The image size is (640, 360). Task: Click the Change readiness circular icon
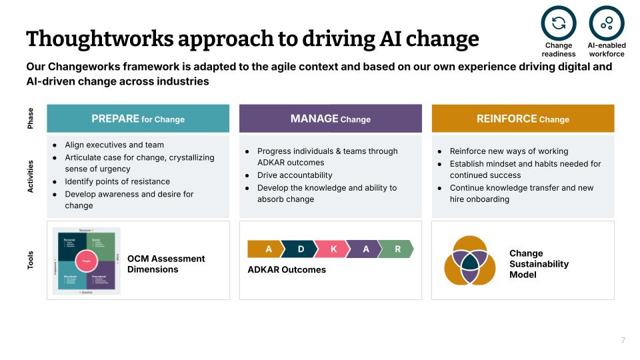(558, 23)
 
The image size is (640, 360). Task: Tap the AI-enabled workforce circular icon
(606, 23)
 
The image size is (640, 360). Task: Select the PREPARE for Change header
(138, 119)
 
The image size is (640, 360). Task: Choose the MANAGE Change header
(330, 119)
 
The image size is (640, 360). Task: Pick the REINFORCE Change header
(523, 119)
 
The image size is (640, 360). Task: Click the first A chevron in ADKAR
(267, 249)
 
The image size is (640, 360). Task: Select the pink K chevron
(333, 249)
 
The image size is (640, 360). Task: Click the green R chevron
(397, 249)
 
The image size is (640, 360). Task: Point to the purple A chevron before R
(365, 249)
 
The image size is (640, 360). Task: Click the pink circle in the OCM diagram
(86, 261)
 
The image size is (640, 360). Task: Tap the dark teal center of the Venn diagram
(469, 260)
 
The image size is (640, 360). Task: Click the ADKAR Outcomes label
(287, 270)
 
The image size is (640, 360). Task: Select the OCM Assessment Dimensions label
(166, 264)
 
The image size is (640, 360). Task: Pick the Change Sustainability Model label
(539, 264)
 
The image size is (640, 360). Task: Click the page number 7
(623, 340)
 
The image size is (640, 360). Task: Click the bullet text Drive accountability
(294, 175)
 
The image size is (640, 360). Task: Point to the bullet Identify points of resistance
(117, 181)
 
